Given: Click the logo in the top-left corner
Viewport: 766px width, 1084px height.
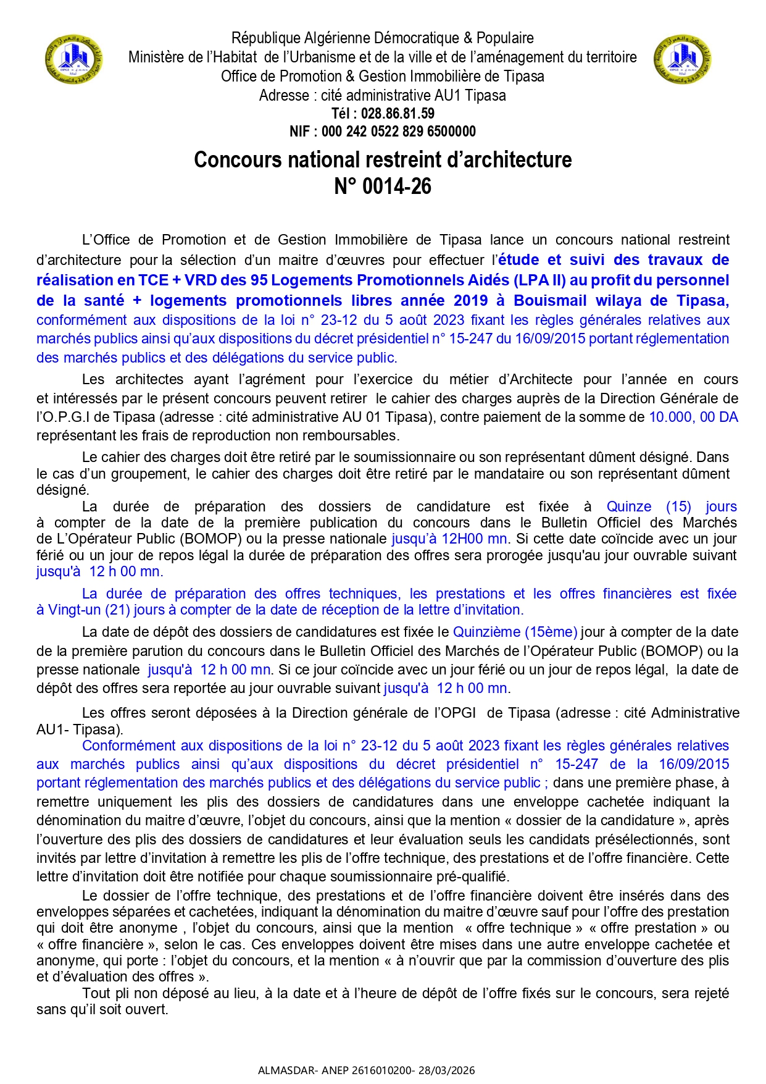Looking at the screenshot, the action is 73,60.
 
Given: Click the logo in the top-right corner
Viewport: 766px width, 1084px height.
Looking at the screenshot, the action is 682,60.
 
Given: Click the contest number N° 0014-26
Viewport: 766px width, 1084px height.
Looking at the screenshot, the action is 383,186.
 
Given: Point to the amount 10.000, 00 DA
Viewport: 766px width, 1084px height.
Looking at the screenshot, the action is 693,417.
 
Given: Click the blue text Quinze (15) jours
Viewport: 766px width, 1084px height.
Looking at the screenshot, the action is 672,506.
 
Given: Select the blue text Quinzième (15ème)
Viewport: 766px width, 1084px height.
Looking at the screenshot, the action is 515,632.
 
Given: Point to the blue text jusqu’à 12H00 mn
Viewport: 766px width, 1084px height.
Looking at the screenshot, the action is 449,539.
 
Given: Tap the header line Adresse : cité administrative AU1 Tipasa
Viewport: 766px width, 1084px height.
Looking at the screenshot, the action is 383,96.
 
